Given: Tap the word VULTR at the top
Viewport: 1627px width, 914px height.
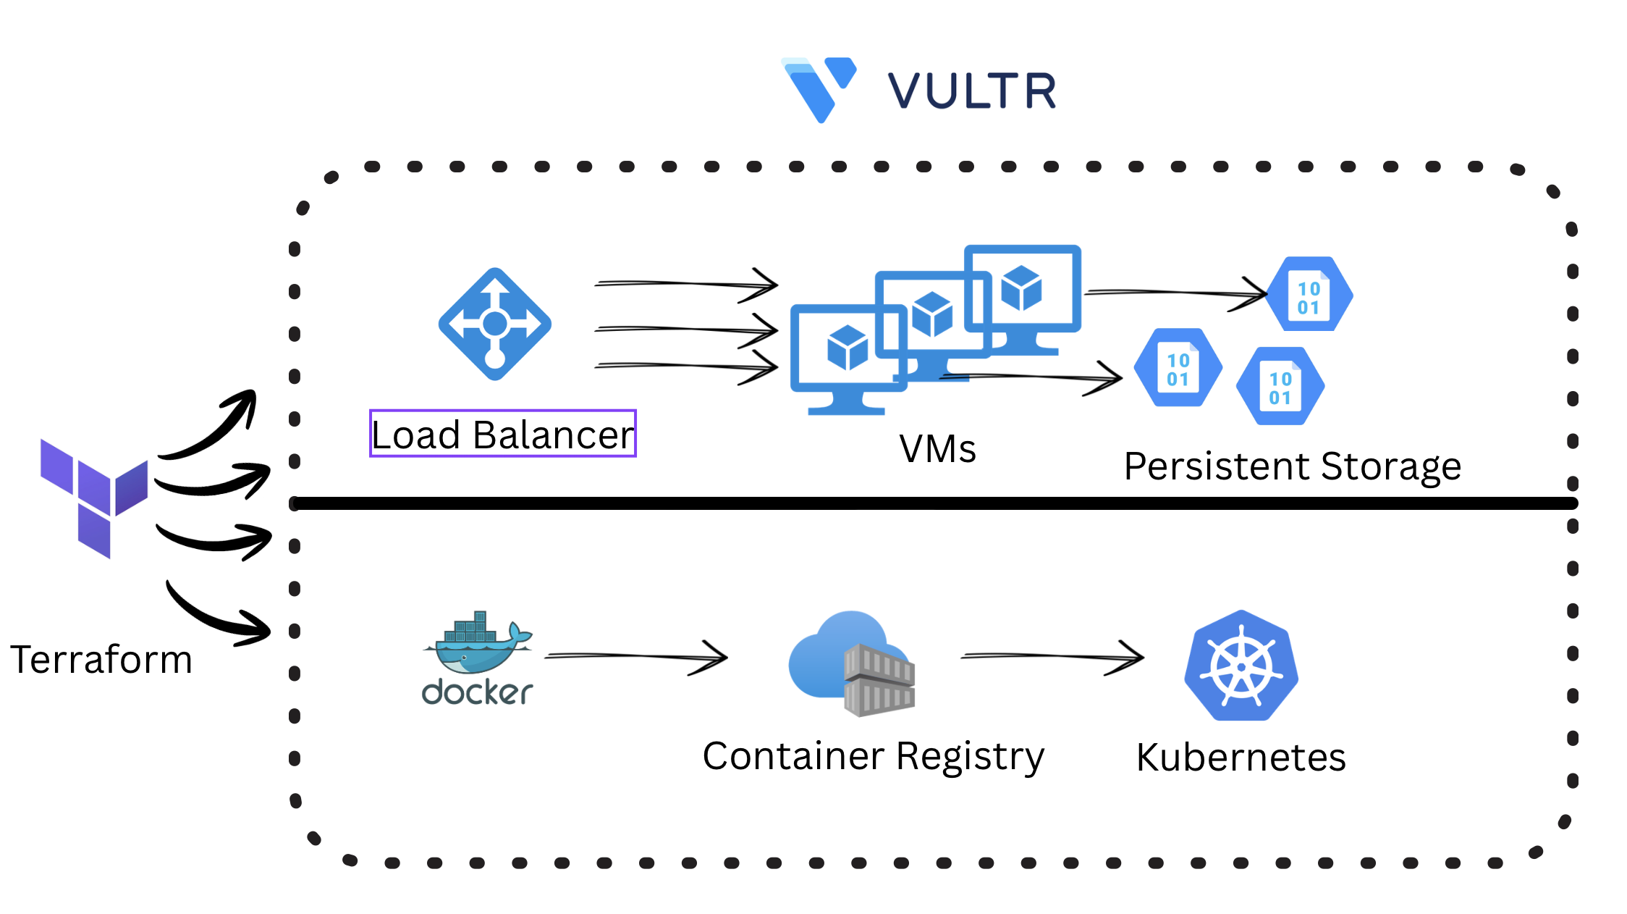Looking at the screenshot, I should coord(972,91).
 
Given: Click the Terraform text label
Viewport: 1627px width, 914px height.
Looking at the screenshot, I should coord(101,660).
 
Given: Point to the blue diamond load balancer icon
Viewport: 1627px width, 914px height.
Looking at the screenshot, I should coord(495,324).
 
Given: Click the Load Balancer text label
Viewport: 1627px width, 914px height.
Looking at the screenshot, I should coord(502,435).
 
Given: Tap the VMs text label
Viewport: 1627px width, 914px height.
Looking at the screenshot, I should coord(937,448).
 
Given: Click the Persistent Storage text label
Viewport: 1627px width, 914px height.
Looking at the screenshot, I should coord(1292,466).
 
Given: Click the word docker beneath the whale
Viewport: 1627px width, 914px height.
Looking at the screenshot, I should coord(478,692).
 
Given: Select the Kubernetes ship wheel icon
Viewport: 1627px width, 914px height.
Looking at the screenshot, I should coord(1241,666).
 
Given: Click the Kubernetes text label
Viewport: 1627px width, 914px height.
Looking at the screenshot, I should coord(1241,758).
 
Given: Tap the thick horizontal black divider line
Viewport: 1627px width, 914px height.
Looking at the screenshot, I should coord(934,503).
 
